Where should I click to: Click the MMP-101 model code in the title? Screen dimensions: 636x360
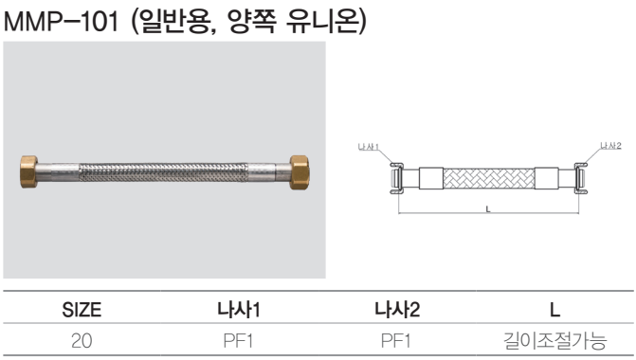pos(61,22)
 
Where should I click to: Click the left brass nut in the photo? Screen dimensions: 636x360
pos(28,171)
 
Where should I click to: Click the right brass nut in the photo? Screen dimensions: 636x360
pos(300,171)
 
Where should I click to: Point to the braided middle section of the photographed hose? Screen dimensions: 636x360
pos(163,172)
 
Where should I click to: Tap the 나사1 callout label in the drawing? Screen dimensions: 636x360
pos(368,146)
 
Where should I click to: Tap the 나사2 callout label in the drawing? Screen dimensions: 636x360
pos(610,146)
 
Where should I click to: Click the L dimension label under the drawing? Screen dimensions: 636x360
pos(488,209)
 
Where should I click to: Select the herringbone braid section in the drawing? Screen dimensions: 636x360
pos(489,178)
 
